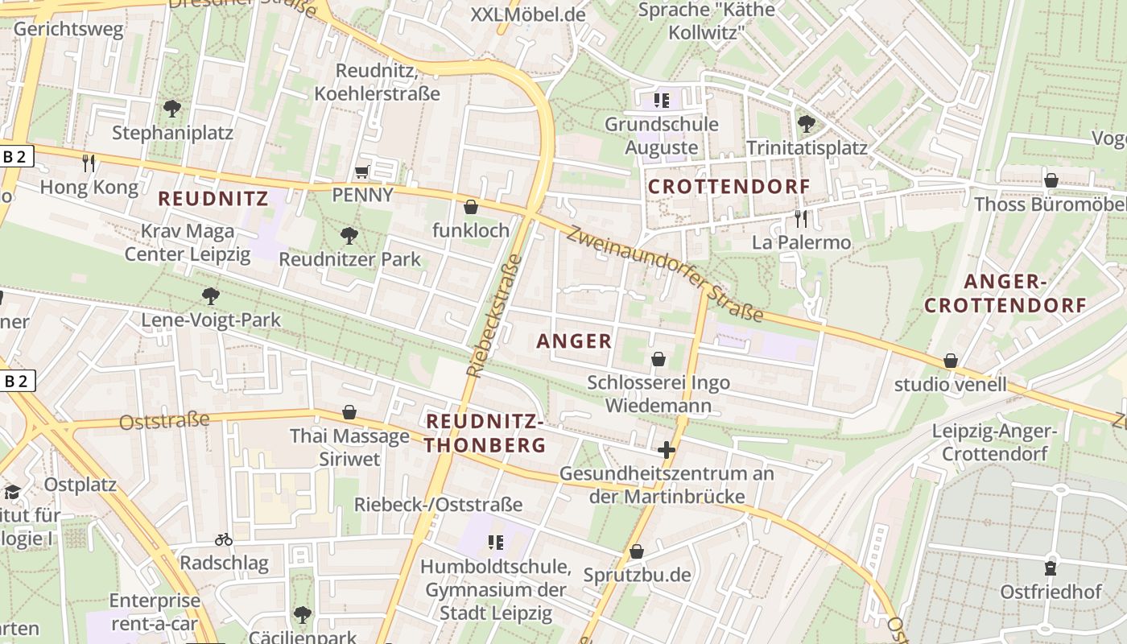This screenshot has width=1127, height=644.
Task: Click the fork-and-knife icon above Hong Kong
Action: coord(89,163)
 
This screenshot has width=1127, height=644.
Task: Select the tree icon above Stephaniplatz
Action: coord(171,108)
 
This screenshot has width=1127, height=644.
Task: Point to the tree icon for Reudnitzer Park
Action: coord(349,235)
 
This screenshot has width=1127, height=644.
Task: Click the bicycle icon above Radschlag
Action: coord(224,539)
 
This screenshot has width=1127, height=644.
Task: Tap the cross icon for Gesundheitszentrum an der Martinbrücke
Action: coord(666,449)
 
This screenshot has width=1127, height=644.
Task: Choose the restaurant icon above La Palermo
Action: coord(800,218)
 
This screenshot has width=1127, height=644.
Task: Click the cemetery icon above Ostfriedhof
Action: coord(1051,568)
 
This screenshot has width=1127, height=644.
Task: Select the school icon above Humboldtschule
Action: coord(495,543)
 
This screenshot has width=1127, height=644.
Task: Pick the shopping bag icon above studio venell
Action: coord(951,361)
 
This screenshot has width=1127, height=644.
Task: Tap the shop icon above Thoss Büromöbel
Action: coord(1051,180)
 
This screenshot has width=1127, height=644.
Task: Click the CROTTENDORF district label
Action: coord(729,187)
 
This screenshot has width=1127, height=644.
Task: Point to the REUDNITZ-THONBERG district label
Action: coord(485,433)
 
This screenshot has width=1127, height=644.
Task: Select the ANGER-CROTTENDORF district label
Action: coord(1005,293)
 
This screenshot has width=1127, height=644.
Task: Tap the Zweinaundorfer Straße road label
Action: coord(664,273)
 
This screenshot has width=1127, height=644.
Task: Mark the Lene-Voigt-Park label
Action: coord(211,320)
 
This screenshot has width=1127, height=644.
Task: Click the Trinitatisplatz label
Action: coord(807,148)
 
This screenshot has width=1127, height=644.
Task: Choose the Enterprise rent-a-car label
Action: coord(155,612)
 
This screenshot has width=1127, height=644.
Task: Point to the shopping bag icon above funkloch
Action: coord(471,207)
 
